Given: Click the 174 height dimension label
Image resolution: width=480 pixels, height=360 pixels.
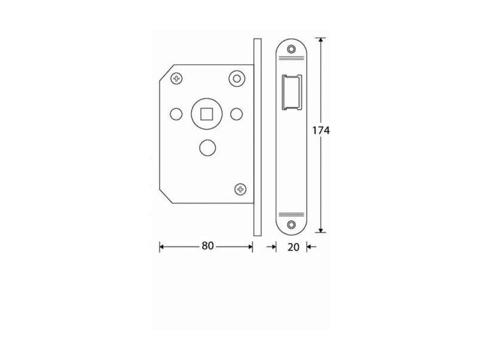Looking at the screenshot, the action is [321, 130].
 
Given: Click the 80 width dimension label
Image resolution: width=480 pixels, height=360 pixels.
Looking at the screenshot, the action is [208, 245].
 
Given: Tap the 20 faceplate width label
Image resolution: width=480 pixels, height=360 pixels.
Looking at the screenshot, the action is [293, 247].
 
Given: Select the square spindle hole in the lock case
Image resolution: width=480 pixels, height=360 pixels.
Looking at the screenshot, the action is [206, 114].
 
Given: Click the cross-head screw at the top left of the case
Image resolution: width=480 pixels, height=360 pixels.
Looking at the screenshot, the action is [176, 79].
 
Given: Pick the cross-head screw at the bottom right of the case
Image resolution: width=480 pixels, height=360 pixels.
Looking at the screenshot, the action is [241, 189].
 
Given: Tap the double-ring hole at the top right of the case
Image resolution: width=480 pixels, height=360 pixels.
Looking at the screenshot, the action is [237, 79].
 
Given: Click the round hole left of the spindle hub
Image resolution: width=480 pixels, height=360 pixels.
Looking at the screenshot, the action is [176, 114].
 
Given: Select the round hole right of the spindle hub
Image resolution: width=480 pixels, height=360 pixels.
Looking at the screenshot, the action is [236, 114].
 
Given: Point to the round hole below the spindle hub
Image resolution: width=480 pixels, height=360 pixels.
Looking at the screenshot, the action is [207, 148].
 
